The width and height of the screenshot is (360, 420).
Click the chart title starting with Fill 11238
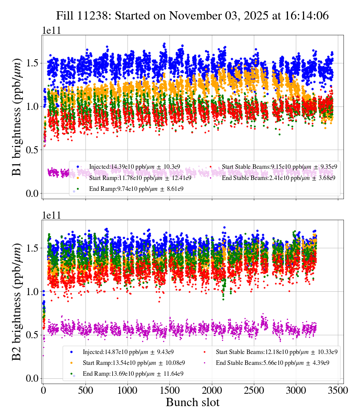tap(192, 16)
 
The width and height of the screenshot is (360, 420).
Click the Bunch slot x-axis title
tap(192, 402)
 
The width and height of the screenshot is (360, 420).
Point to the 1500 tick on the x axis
tap(170, 390)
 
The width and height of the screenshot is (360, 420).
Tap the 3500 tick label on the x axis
tap(339, 390)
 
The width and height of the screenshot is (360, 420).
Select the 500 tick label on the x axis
tap(85, 390)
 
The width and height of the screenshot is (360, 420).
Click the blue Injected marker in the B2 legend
tap(71, 352)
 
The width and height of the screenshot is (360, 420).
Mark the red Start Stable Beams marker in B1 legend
tap(211, 166)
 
